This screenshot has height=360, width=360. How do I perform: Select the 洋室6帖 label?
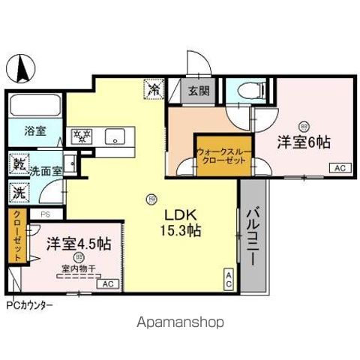pos(304,141)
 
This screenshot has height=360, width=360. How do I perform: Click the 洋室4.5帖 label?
pos(79,244)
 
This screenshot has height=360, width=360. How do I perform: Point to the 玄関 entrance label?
pos(199,91)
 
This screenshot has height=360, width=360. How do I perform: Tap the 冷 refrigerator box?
pos(152,90)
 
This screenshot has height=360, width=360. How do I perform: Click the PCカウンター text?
pos(29,306)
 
